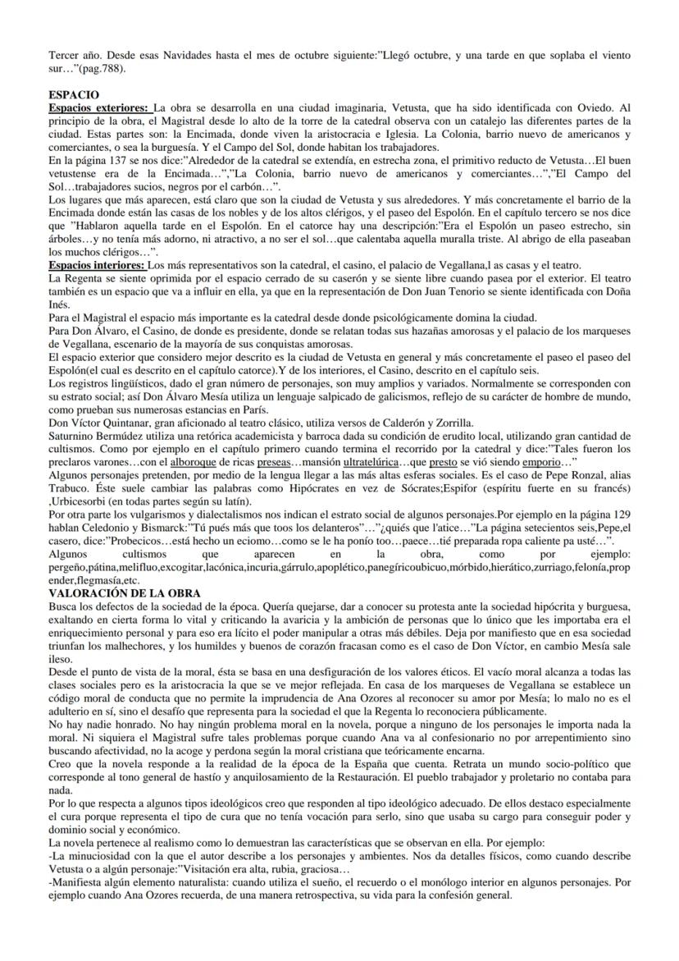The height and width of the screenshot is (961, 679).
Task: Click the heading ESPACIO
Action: tap(75, 95)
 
